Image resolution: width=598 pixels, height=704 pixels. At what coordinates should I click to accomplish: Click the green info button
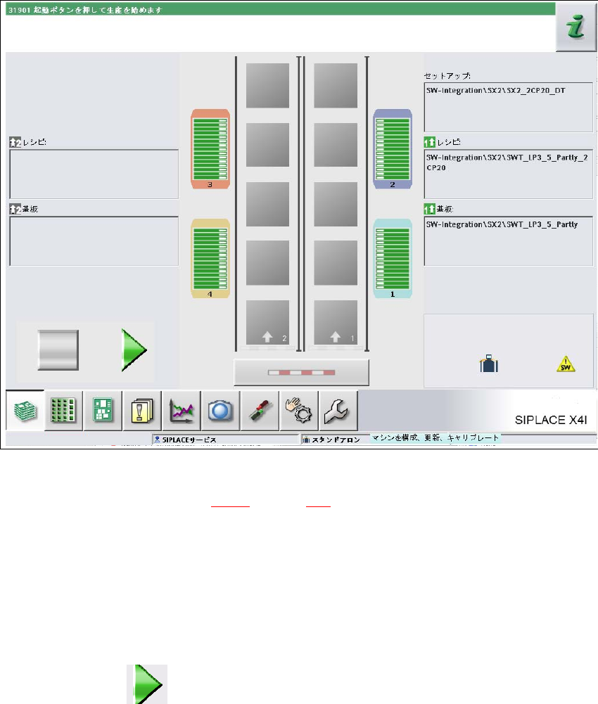click(575, 28)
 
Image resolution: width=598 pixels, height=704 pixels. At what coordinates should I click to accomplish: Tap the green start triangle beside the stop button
click(132, 349)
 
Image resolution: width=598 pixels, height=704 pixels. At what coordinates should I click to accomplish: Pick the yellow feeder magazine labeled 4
click(210, 259)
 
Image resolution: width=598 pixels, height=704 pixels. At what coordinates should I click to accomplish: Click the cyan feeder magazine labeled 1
click(393, 258)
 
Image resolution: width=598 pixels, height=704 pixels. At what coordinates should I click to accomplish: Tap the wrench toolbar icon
click(338, 410)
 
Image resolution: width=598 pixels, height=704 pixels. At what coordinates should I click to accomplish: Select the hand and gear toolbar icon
click(299, 410)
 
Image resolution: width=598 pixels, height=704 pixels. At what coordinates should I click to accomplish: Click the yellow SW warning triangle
click(566, 364)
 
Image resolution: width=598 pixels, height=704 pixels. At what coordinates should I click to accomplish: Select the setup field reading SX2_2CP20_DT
click(508, 97)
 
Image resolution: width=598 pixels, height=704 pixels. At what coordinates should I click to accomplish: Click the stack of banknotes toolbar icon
click(25, 410)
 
